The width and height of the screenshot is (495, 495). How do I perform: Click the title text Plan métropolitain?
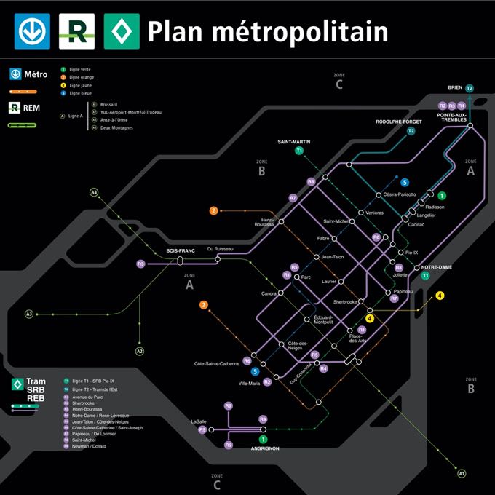(267, 31)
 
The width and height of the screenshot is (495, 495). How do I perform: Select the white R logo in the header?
(76, 31)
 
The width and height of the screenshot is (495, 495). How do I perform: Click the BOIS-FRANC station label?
(181, 250)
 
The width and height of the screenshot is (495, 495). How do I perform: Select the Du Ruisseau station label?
(220, 249)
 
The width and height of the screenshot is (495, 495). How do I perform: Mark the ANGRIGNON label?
(265, 448)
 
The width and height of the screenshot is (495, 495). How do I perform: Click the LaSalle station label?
(199, 421)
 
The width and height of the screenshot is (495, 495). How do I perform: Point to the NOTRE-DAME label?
(437, 267)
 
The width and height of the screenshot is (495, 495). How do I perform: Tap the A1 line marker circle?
(462, 474)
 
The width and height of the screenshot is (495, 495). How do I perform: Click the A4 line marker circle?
(93, 192)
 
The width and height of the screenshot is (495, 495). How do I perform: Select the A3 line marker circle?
(29, 314)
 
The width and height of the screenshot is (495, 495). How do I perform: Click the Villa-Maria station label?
(249, 383)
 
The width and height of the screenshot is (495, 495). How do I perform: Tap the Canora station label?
(269, 293)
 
